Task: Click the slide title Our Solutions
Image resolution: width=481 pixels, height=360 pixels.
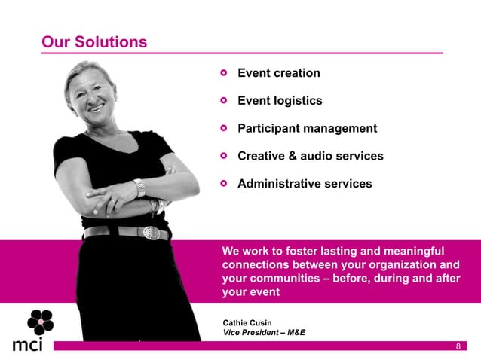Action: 94,42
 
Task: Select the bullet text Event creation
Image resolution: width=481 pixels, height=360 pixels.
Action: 278,73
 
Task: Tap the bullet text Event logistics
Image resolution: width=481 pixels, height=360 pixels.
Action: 280,101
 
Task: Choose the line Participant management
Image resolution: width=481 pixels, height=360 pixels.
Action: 307,129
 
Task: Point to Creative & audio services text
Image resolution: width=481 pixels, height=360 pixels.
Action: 310,157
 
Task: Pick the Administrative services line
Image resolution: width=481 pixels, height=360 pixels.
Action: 305,184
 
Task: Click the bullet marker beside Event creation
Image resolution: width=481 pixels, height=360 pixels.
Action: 223,74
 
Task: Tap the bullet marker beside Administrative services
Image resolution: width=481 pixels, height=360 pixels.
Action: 223,184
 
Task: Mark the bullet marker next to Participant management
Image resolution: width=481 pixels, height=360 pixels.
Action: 223,129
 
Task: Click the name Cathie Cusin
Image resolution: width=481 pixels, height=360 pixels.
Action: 247,323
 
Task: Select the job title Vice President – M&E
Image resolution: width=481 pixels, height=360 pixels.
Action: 264,333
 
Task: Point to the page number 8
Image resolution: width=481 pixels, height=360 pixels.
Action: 458,346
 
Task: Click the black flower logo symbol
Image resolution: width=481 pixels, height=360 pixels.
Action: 40,322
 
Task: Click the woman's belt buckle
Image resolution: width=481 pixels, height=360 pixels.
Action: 152,233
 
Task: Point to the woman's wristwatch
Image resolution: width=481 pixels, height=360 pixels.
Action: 139,188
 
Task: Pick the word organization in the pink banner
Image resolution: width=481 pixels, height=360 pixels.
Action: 401,265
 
